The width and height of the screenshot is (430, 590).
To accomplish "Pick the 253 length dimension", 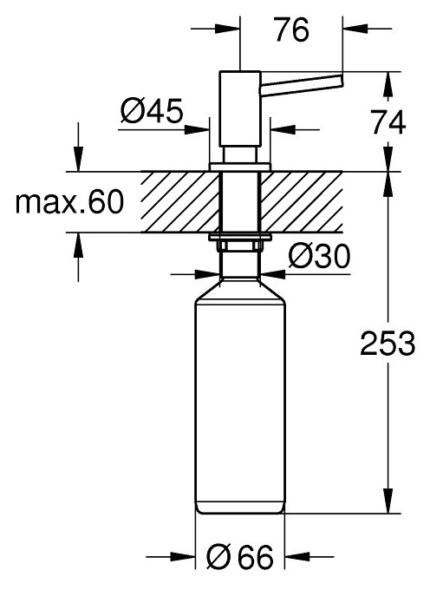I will (386, 344).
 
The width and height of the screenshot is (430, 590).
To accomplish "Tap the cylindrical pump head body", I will (240, 113).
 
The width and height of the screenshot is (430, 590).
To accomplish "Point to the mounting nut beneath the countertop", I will (240, 243).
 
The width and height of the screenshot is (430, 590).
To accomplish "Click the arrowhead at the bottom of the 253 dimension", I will (386, 507).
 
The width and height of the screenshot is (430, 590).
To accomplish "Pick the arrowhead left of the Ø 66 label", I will (187, 557).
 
